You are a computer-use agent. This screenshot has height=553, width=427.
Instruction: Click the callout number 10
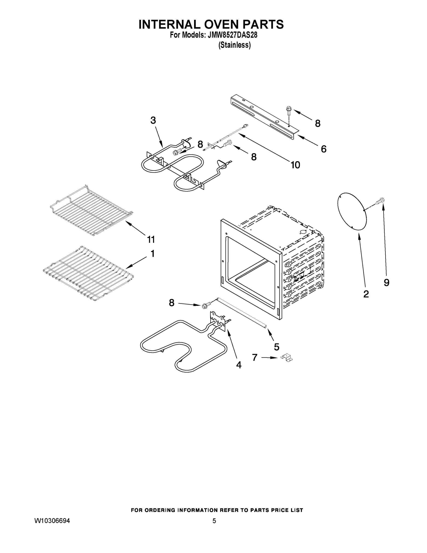coord(295,165)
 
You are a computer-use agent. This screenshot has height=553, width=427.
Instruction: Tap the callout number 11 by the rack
coord(151,239)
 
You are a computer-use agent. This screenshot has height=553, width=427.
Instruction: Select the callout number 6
coord(324,149)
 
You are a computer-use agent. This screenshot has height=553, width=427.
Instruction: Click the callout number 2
coord(366,294)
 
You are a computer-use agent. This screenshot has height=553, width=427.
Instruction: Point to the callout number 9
coord(386,282)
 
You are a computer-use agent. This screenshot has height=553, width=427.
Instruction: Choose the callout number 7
coord(255,357)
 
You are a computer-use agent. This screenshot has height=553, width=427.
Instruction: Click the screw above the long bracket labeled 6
coord(288,111)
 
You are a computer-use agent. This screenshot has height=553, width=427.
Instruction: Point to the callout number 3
coord(153,120)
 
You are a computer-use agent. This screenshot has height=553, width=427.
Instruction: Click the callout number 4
coord(238,365)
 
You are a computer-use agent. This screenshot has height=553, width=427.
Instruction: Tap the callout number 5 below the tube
coord(276,347)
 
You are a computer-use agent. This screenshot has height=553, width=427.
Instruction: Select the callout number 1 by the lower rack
coord(153,253)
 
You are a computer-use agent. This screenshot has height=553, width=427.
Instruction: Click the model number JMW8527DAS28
coord(232,35)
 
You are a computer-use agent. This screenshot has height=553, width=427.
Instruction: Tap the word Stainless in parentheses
coord(235,45)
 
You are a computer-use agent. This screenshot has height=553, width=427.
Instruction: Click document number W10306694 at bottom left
coord(52,521)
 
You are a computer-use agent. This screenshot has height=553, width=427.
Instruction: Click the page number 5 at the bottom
coord(214,521)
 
